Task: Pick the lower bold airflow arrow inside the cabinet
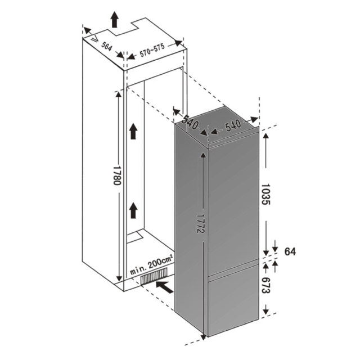click(x=132, y=211)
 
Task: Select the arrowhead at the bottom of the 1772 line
click(x=201, y=337)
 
